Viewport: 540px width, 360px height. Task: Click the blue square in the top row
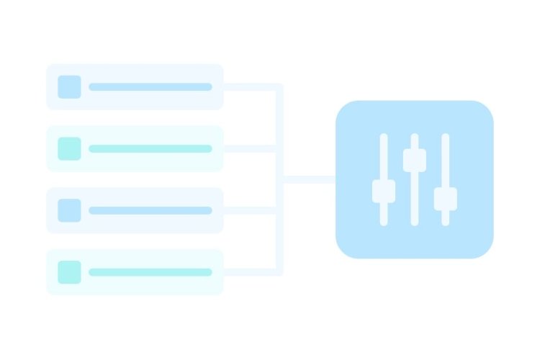point(69,86)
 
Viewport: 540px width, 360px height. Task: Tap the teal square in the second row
point(69,148)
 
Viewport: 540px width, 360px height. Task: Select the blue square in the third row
point(69,210)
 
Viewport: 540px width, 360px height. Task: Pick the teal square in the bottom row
point(69,272)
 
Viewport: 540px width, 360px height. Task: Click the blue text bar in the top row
point(150,86)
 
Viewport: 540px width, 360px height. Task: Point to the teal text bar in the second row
point(150,148)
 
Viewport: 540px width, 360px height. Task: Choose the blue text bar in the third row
point(150,210)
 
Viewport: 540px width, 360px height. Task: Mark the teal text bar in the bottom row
point(150,272)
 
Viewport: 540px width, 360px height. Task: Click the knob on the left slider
point(384,192)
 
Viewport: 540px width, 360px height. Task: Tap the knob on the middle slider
point(415,160)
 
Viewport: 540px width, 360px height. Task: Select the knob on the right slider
point(446,199)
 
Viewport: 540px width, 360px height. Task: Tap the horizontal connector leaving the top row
point(251,87)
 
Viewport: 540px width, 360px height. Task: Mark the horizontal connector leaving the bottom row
point(251,272)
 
